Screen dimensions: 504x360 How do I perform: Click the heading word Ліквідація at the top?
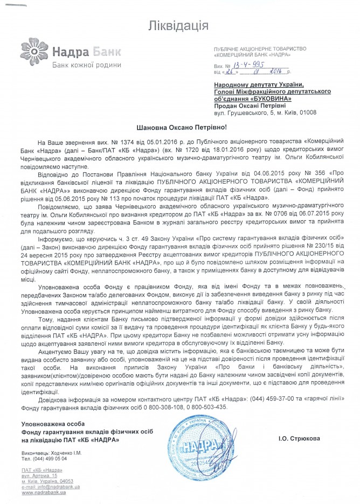180,25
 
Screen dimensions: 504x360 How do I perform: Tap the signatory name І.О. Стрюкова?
299,438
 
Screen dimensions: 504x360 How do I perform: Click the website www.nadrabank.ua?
44,493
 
